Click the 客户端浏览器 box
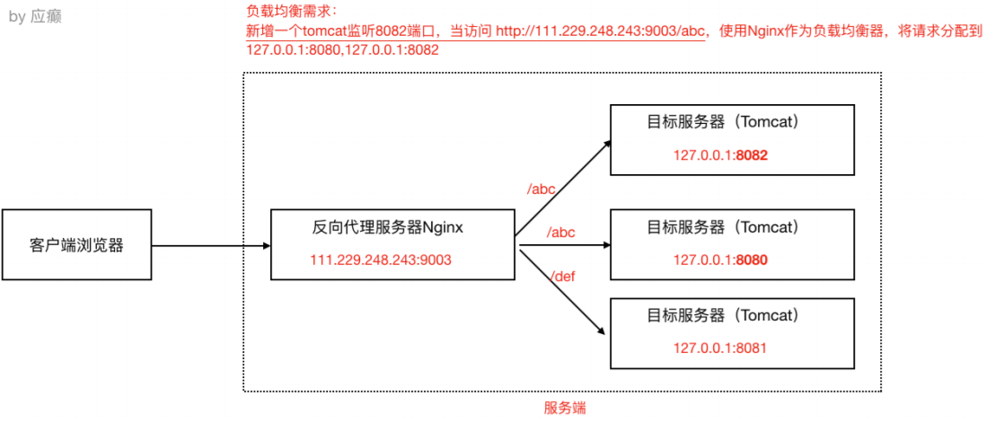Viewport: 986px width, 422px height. (76, 244)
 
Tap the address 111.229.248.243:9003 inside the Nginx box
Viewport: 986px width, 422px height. (381, 260)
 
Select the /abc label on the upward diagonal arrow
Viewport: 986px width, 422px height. (541, 189)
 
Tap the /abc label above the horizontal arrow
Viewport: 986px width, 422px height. (560, 232)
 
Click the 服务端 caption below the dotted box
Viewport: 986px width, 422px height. (565, 408)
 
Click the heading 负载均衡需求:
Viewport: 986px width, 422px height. (290, 13)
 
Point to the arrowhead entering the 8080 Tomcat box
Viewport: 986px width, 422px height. (605, 244)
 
